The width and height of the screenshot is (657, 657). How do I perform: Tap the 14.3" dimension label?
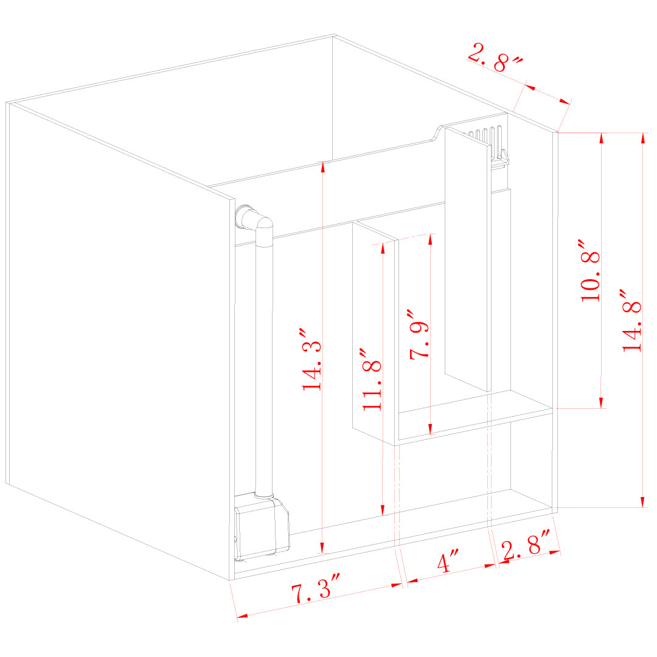click(x=311, y=360)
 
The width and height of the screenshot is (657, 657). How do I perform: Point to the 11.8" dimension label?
click(x=372, y=380)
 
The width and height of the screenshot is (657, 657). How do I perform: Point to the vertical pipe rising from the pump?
click(x=264, y=365)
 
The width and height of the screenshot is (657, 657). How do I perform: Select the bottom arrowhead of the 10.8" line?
click(x=602, y=403)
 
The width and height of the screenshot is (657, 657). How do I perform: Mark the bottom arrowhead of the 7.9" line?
click(x=431, y=430)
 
